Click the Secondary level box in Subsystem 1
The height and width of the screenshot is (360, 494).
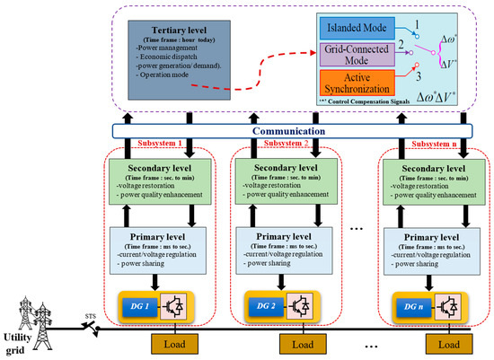[x=158, y=180]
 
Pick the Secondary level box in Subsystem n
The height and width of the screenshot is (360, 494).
[x=429, y=180]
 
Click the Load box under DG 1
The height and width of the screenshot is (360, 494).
[x=160, y=344]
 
